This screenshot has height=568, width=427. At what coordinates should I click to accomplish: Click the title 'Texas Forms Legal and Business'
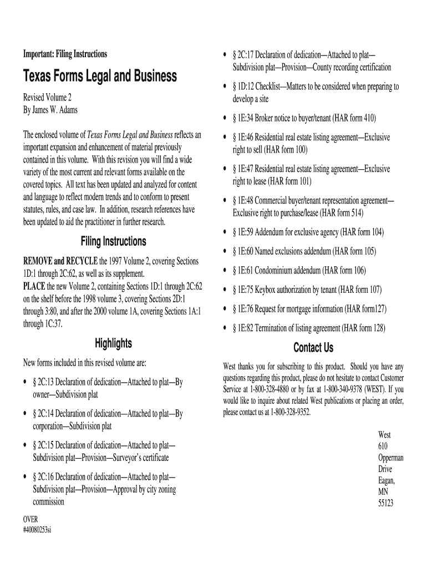click(100, 75)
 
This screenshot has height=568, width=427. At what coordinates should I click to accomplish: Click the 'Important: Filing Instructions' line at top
click(65, 54)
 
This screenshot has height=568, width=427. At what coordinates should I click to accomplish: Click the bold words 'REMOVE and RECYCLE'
click(60, 261)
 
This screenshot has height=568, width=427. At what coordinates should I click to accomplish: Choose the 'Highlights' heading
click(113, 343)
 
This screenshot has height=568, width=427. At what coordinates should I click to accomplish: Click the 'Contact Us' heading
click(313, 348)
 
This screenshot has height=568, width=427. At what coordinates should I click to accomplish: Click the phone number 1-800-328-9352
click(291, 412)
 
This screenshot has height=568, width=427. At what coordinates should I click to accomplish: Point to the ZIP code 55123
click(385, 504)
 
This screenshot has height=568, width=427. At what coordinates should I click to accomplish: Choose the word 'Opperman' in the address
click(391, 458)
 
